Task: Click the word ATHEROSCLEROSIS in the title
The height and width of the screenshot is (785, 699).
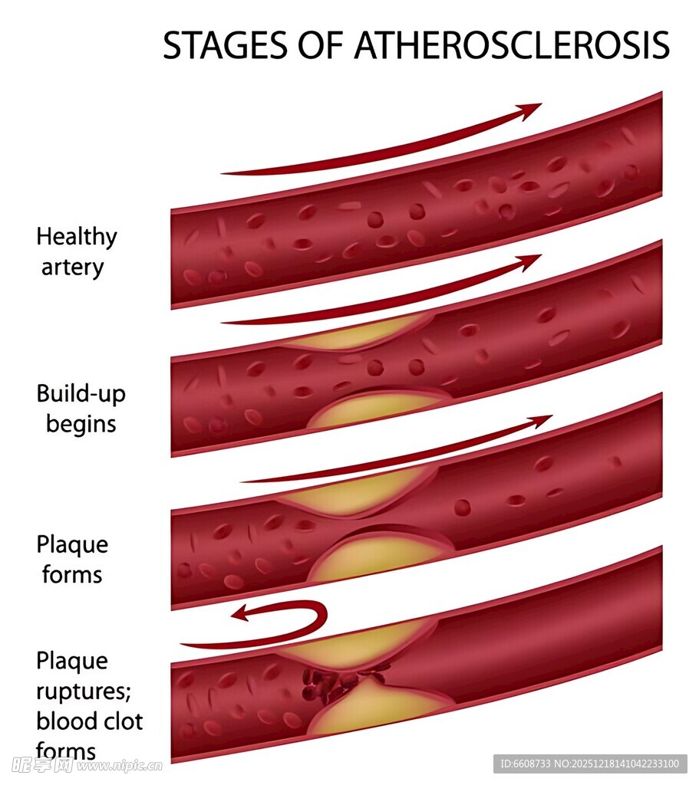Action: tap(511, 46)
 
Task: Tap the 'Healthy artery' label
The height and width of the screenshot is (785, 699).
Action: tap(76, 251)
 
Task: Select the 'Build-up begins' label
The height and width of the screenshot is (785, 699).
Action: tap(81, 408)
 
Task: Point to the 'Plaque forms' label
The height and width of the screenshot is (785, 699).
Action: tap(72, 560)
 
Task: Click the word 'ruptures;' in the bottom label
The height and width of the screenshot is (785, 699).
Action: tap(84, 691)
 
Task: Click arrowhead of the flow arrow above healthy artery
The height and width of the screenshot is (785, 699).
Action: tap(530, 110)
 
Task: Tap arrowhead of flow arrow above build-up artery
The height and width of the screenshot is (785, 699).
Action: tap(530, 262)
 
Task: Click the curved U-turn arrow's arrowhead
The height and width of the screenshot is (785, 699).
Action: tap(241, 613)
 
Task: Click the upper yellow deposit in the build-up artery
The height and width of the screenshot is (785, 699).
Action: tap(353, 335)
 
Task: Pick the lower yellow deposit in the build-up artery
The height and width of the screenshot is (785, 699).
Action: tap(376, 409)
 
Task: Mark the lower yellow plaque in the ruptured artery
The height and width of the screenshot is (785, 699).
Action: tap(380, 709)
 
